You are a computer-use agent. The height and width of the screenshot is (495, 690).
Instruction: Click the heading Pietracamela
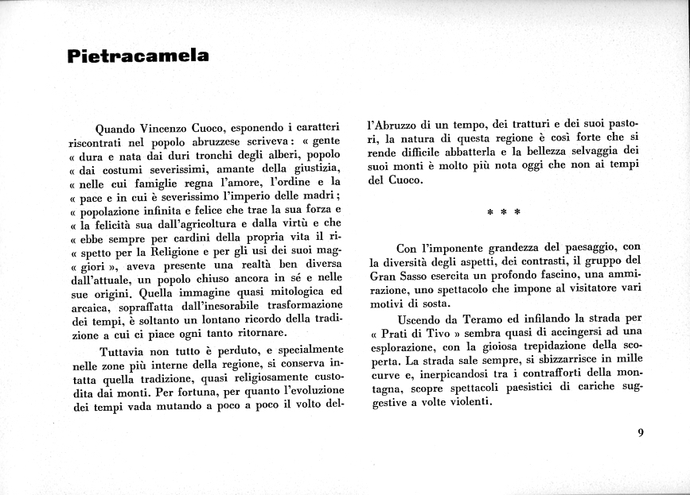138,56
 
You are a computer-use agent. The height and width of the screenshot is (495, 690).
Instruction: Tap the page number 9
640,433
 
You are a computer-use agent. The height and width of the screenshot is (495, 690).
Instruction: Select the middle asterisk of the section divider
504,212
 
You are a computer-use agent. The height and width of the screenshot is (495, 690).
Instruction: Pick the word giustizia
314,169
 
